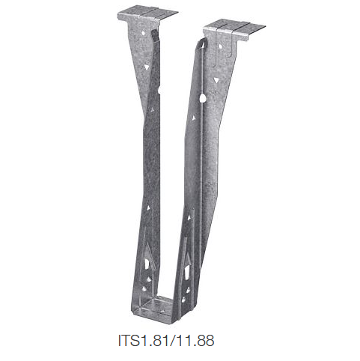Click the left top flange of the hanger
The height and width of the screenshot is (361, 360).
click(x=147, y=14)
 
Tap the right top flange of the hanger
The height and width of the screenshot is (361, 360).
click(x=236, y=30)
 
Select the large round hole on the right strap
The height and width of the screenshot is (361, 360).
click(x=204, y=97)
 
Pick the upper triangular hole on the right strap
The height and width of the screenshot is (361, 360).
click(x=216, y=78)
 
